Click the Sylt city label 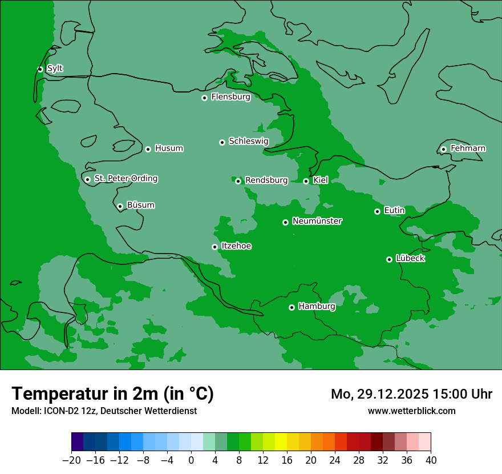point(55,69)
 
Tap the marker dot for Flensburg point(204,98)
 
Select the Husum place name point(169,148)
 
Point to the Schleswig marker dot point(222,142)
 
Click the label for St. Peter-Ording point(125,179)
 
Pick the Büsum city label point(140,205)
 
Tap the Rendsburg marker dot point(238,181)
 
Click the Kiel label point(321,180)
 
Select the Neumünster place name point(317,221)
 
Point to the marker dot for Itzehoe point(214,247)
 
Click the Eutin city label point(394,211)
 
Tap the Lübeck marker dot point(389,259)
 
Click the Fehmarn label point(468,148)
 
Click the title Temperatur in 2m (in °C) point(112,394)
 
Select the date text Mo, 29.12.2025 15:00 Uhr point(411,394)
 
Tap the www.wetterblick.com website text point(411,411)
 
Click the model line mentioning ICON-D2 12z point(104,411)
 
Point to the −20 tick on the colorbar point(71,460)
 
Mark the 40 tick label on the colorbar point(431,460)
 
